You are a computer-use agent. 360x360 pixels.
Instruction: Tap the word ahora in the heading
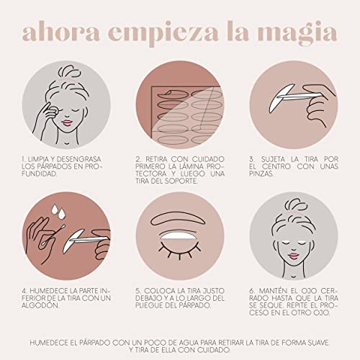click(60, 31)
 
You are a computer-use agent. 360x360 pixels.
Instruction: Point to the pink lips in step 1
click(67, 122)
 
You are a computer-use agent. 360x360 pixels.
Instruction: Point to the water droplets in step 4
click(58, 210)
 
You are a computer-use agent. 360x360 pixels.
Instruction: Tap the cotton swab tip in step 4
click(62, 227)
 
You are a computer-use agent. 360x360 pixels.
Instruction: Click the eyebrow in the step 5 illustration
click(178, 218)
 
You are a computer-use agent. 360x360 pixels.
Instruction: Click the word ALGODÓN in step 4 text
click(40, 305)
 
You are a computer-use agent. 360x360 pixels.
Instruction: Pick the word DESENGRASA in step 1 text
click(79, 159)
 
